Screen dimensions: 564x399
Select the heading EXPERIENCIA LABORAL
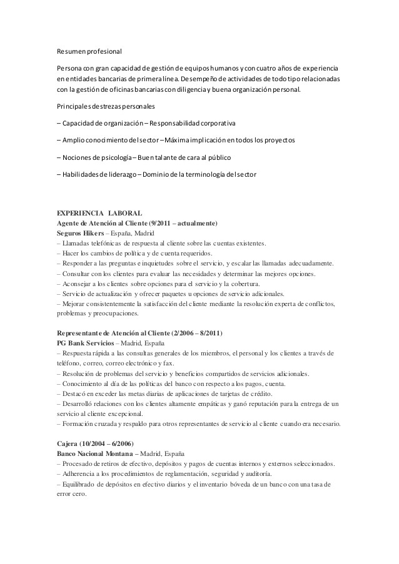[99, 214]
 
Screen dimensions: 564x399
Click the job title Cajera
[68, 443]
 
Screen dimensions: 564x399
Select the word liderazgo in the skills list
[119, 174]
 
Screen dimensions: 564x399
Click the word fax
[169, 364]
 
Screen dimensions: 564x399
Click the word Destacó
[74, 393]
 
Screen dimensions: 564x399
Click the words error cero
[71, 493]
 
